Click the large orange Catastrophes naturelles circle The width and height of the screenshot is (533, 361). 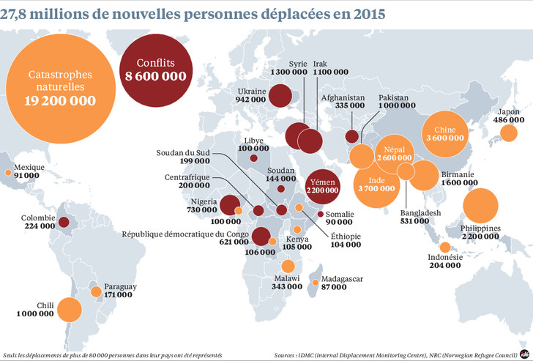(x=61, y=89)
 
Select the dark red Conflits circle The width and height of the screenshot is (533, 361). (x=156, y=70)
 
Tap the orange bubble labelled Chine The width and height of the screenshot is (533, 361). (x=445, y=134)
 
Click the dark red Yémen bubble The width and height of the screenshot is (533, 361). (x=323, y=187)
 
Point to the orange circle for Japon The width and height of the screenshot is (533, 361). (x=509, y=133)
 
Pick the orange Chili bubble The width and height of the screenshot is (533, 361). (x=70, y=310)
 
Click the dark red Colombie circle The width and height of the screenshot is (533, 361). (x=64, y=223)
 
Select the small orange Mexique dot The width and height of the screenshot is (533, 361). (x=8, y=173)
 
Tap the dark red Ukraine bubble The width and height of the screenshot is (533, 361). (x=280, y=95)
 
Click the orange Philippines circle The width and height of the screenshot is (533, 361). (x=480, y=206)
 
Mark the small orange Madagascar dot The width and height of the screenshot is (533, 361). (x=316, y=283)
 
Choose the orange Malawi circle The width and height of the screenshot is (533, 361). (x=288, y=266)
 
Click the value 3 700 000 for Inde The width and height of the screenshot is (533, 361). (x=376, y=188)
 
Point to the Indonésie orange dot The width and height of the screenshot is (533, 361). (x=445, y=248)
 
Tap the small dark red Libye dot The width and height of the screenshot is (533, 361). (x=253, y=158)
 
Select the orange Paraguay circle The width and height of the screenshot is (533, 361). (x=96, y=291)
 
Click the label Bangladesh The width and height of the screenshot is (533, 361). (x=420, y=213)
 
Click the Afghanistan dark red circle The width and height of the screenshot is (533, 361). (x=352, y=136)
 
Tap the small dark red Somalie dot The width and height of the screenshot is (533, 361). (x=320, y=214)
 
